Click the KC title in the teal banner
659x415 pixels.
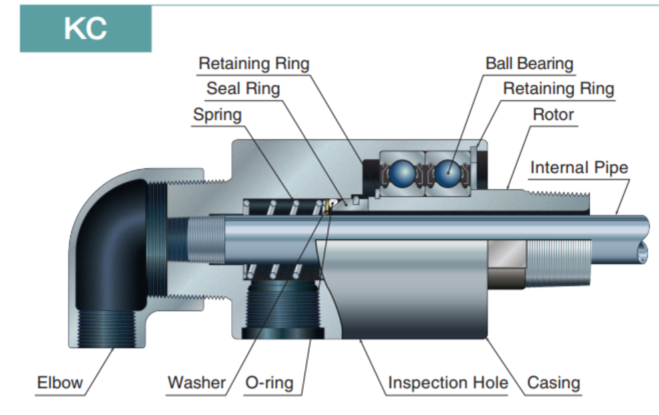coord(85,29)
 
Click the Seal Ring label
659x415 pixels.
coord(243,88)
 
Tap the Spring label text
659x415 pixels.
coord(217,114)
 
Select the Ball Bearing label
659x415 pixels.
coord(529,63)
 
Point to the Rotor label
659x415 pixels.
coord(553,114)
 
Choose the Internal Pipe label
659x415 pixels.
coord(579,167)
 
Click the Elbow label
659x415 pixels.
coord(60,383)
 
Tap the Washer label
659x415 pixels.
coord(196,383)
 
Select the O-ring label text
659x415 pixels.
coord(269,383)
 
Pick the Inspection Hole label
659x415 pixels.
coord(447,383)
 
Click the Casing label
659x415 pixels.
coord(554,383)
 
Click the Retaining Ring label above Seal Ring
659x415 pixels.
coord(254,63)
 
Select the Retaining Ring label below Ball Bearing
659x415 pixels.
coord(558,88)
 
